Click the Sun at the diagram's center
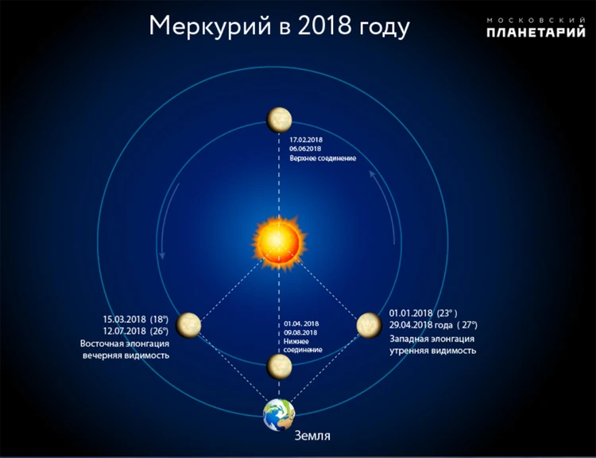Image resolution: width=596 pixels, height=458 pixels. (x=279, y=243)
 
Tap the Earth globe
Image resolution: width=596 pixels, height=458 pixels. (x=279, y=414)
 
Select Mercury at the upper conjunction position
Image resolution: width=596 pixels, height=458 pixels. (x=279, y=120)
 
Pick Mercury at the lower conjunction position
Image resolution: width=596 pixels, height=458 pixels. (x=279, y=367)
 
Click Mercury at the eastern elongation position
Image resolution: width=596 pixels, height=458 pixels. (x=188, y=325)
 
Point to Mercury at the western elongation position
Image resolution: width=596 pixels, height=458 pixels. (x=369, y=325)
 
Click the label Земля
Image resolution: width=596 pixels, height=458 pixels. (x=312, y=436)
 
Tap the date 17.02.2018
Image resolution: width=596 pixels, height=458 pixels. (x=306, y=140)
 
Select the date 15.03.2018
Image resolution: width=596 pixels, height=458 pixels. (x=124, y=319)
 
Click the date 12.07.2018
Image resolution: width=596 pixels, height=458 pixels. (x=124, y=331)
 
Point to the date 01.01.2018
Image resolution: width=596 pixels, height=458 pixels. (x=411, y=313)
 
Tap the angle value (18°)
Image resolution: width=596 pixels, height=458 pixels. (x=159, y=319)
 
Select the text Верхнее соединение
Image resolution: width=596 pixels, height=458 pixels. (x=323, y=158)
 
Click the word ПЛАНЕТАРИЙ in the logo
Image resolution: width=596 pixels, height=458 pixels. (x=536, y=32)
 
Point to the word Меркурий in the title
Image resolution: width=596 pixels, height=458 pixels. (x=210, y=26)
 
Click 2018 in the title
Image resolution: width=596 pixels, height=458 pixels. (x=324, y=25)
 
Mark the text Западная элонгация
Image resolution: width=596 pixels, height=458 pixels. (x=432, y=339)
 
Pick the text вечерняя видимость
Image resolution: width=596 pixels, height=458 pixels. (x=126, y=355)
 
